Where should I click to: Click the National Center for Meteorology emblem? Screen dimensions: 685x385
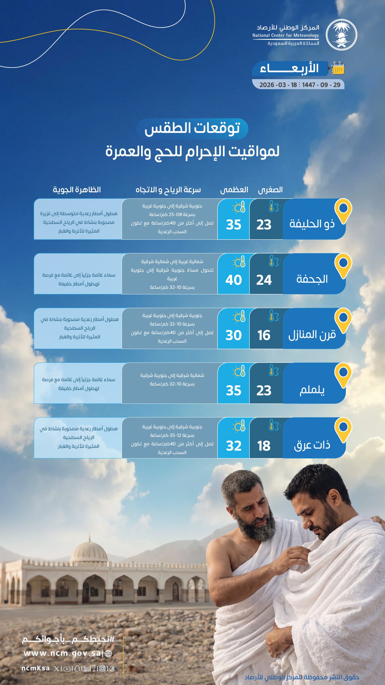[341, 35]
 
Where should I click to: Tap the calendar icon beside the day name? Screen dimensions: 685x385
[338, 68]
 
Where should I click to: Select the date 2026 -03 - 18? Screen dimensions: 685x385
[278, 85]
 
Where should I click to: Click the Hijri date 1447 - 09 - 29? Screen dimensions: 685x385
[321, 85]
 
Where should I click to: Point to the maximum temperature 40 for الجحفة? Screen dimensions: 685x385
[233, 280]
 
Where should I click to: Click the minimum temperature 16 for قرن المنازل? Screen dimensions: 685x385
[264, 335]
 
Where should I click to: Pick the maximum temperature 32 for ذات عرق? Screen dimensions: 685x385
[233, 446]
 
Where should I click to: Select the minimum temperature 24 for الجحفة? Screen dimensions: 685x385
[264, 280]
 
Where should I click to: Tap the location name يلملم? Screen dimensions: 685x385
[312, 390]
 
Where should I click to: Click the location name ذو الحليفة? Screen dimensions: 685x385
[312, 224]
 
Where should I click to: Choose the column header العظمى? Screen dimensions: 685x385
[234, 190]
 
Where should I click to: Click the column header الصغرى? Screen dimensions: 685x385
[270, 190]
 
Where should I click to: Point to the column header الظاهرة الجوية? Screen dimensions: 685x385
[77, 190]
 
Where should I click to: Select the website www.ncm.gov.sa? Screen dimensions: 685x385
[62, 653]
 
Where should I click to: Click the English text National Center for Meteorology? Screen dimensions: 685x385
[286, 35]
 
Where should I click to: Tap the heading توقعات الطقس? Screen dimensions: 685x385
[192, 128]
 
